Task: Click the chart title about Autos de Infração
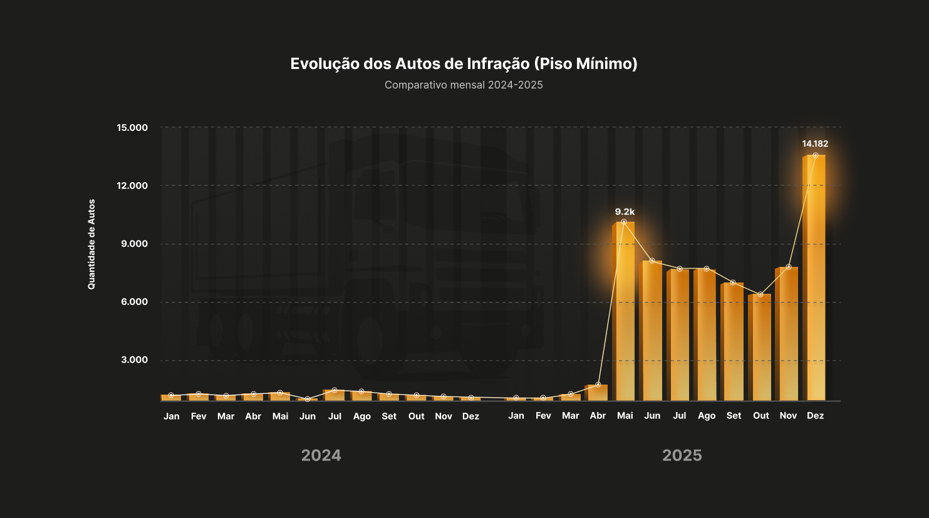pyautogui.click(x=464, y=63)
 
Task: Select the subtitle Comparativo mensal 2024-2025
pyautogui.click(x=464, y=85)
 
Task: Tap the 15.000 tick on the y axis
pyautogui.click(x=132, y=128)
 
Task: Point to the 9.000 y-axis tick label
pyautogui.click(x=134, y=244)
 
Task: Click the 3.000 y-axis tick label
pyautogui.click(x=134, y=360)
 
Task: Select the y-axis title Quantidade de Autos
pyautogui.click(x=91, y=244)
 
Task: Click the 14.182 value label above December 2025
pyautogui.click(x=815, y=144)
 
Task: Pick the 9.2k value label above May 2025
pyautogui.click(x=625, y=212)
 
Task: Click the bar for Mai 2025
pyautogui.click(x=624, y=313)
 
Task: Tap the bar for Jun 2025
pyautogui.click(x=651, y=332)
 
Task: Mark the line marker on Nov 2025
pyautogui.click(x=789, y=267)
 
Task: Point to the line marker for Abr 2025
pyautogui.click(x=598, y=385)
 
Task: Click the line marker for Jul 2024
pyautogui.click(x=335, y=390)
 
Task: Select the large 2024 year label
pyautogui.click(x=321, y=455)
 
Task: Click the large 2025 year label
pyautogui.click(x=682, y=455)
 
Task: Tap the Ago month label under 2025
pyautogui.click(x=707, y=416)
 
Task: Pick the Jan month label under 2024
pyautogui.click(x=171, y=417)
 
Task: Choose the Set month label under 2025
pyautogui.click(x=734, y=416)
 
